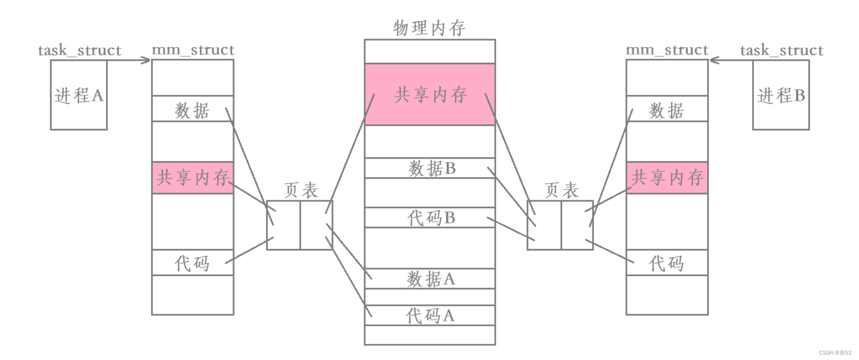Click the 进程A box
click(79, 95)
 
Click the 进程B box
click(781, 95)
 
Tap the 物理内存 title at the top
click(430, 28)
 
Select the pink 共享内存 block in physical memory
click(430, 94)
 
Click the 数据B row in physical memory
click(430, 168)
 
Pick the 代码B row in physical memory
click(430, 217)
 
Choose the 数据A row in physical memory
click(430, 279)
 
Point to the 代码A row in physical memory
click(430, 315)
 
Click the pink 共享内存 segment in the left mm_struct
click(193, 177)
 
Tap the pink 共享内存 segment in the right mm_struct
click(667, 177)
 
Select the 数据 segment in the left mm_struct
click(193, 109)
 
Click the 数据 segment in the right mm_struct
click(667, 109)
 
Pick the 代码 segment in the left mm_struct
click(193, 263)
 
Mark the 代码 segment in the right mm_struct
click(667, 263)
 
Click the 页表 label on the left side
click(301, 190)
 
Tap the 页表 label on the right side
click(562, 190)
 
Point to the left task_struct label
click(79, 50)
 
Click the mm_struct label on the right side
click(667, 50)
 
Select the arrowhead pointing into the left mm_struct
click(146, 61)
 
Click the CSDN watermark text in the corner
click(835, 352)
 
